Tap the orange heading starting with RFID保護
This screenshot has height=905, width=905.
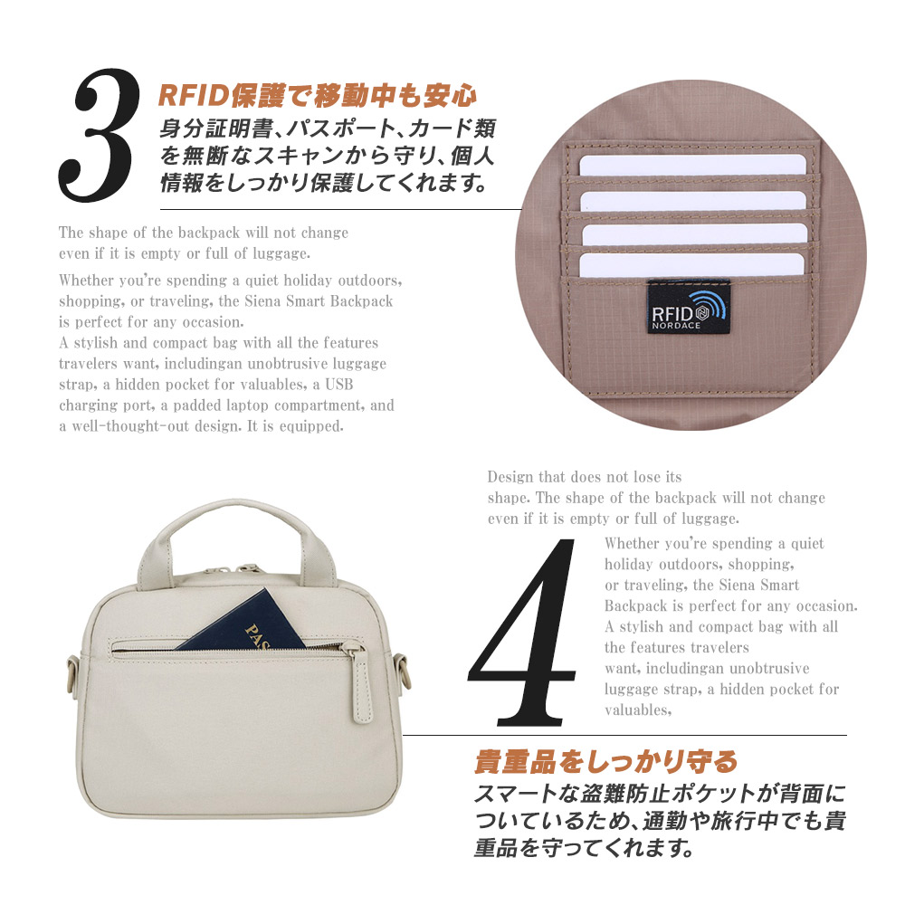pyautogui.click(x=317, y=95)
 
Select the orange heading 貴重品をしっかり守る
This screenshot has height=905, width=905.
pyautogui.click(x=606, y=761)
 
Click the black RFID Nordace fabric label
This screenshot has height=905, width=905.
pyautogui.click(x=688, y=306)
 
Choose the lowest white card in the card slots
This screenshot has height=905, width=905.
pyautogui.click(x=692, y=264)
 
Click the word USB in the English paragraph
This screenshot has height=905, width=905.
pyautogui.click(x=365, y=384)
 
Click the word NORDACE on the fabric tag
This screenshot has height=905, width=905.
pyautogui.click(x=674, y=321)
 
